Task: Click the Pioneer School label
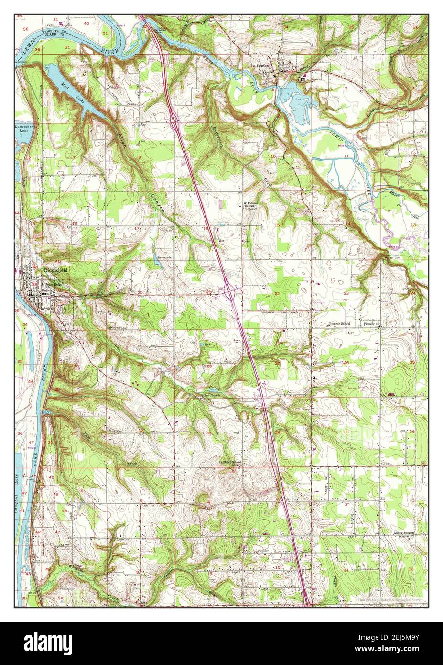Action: coord(339,324)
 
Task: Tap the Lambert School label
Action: coord(230,462)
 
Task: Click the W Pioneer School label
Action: coord(250,205)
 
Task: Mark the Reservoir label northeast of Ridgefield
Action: coord(164,257)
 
